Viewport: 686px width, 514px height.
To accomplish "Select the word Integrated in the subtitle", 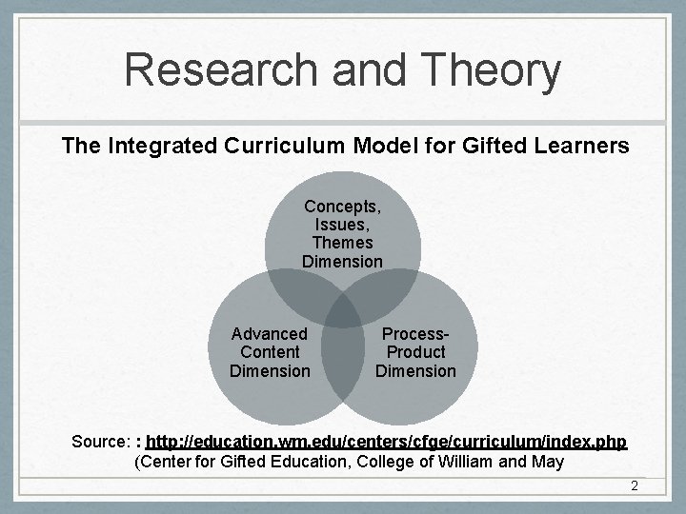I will point(163,146).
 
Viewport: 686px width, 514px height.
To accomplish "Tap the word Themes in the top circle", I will point(343,243).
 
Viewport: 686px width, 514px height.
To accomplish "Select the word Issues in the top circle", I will point(343,225).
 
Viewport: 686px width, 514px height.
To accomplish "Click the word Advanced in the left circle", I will point(270,334).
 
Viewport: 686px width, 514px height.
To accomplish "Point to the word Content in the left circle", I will point(270,352).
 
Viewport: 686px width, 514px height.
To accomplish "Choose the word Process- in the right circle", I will point(415,334).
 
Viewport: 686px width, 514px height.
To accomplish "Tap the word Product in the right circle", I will point(415,352).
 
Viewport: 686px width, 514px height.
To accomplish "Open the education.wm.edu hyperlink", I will point(386,443).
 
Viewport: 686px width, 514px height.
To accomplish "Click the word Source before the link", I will point(101,443).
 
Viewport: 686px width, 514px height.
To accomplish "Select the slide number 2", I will point(634,487).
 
